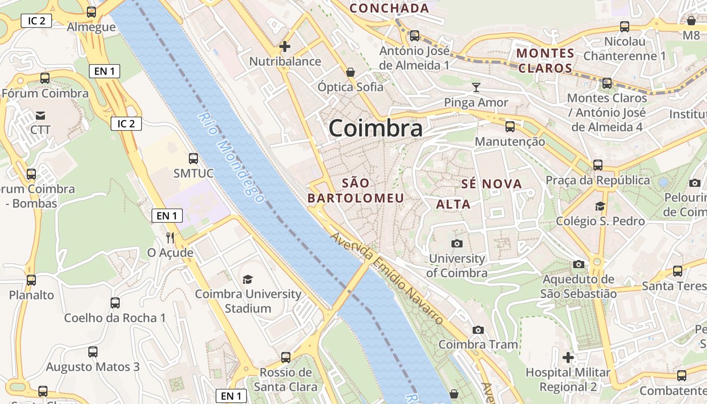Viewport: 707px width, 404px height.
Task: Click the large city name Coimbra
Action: [375, 129]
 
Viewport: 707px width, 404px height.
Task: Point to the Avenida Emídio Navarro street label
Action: [387, 278]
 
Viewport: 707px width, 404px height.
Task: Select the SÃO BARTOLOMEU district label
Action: [356, 190]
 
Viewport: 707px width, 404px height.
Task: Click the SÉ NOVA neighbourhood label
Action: [491, 184]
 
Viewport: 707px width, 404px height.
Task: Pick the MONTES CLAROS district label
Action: [545, 60]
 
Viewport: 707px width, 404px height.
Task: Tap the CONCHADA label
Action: [389, 8]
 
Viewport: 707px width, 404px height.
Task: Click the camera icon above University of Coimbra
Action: [457, 244]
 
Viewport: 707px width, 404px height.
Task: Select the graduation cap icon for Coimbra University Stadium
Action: [247, 279]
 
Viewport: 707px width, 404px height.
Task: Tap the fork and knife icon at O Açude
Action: [170, 237]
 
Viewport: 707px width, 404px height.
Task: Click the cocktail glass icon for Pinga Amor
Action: [476, 87]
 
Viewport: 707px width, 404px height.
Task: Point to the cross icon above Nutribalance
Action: [285, 46]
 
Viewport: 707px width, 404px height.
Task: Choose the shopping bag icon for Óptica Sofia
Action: [350, 72]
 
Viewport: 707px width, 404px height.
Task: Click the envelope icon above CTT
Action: [40, 116]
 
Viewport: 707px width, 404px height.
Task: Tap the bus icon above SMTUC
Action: [193, 159]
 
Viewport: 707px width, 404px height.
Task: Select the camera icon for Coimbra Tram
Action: [478, 330]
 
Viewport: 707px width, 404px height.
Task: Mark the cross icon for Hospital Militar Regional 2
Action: [568, 358]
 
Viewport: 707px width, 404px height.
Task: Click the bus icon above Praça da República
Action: [598, 165]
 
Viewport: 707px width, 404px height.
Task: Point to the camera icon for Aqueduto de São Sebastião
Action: [579, 264]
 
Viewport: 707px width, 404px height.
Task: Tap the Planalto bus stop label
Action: [31, 295]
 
